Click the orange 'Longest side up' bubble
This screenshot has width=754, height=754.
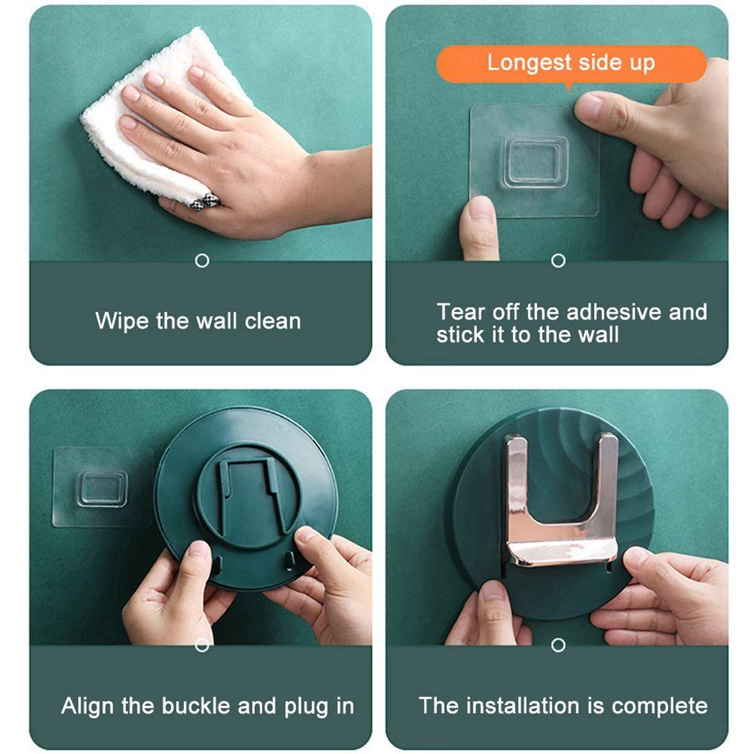572,64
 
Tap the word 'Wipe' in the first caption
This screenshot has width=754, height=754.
122,320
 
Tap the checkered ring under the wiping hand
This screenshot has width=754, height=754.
204,201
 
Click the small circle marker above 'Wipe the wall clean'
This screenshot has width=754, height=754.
202,261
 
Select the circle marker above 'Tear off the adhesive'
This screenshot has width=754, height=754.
558,261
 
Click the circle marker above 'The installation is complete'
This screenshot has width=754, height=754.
558,645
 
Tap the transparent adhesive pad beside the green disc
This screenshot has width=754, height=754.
101,486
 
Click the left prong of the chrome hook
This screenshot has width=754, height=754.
516,486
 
